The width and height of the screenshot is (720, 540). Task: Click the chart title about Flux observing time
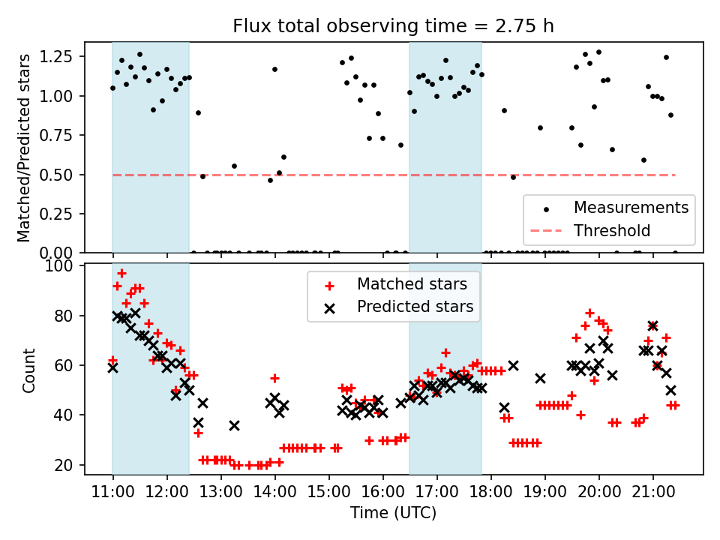click(394, 26)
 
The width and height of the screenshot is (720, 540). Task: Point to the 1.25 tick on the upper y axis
click(57, 57)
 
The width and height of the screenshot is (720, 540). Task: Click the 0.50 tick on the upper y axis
click(57, 175)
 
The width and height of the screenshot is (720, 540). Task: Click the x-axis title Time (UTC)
click(394, 513)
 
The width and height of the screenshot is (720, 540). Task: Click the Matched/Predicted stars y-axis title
click(25, 148)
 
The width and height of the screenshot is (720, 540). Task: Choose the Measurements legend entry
click(631, 207)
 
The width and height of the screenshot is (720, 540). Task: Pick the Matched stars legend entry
click(412, 284)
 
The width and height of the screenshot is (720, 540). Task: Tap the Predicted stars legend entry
click(415, 306)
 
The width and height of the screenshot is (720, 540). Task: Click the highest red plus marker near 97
click(121, 273)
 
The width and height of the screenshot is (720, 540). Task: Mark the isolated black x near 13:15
click(234, 425)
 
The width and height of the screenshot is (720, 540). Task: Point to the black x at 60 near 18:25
click(513, 365)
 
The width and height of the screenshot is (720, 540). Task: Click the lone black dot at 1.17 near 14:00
click(274, 69)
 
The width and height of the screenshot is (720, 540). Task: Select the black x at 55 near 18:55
click(540, 378)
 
